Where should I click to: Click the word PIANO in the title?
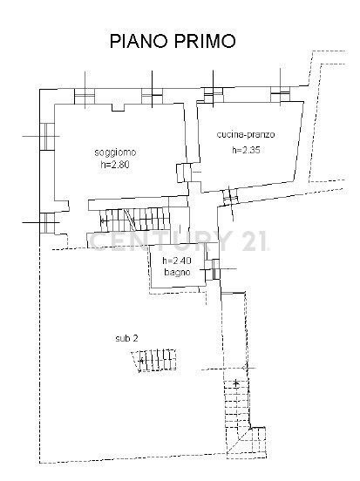[x=138, y=41]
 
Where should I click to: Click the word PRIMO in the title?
[x=206, y=41]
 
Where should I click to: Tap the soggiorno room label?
[x=115, y=152]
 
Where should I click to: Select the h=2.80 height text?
[x=115, y=165]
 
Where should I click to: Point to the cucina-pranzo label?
[x=246, y=135]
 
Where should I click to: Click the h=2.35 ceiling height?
[x=246, y=150]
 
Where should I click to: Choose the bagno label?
[x=177, y=272]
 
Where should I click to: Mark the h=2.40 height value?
[x=177, y=261]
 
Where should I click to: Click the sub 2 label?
[x=126, y=338]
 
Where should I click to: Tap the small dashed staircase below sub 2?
[x=153, y=360]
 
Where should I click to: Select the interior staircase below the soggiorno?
[x=135, y=219]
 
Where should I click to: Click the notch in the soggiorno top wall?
[x=118, y=107]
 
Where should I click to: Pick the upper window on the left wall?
[x=47, y=136]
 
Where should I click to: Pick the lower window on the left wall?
[x=47, y=223]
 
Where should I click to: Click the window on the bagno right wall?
[x=216, y=269]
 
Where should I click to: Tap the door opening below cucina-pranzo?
[x=230, y=196]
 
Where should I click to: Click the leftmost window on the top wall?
[x=85, y=96]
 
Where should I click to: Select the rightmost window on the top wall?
[x=280, y=94]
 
